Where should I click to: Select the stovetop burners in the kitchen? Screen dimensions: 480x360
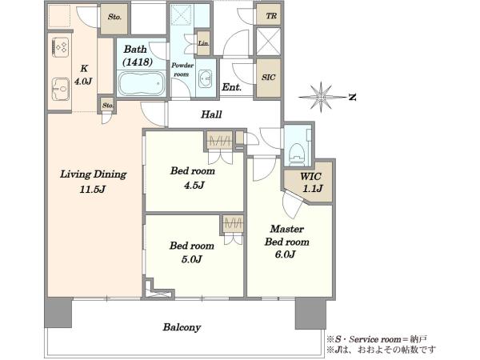62,47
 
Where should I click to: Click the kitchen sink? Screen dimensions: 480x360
61,89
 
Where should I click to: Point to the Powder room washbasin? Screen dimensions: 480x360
205,79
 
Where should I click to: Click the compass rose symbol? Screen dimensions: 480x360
321,97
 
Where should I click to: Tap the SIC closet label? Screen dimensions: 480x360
268,78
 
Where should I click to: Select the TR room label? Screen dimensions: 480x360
270,16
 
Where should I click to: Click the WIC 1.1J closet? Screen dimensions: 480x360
309,182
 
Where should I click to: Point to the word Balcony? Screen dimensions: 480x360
182,327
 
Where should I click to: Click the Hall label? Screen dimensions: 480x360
211,114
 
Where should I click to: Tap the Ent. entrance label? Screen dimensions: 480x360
231,87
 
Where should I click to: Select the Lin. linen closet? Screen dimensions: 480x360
203,43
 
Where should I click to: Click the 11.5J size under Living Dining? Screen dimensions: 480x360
93,190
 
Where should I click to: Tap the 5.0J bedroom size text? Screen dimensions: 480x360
192,259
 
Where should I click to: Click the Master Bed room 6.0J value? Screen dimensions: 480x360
285,254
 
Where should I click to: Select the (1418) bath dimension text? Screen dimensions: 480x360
138,62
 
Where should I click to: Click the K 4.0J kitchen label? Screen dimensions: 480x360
83,75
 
